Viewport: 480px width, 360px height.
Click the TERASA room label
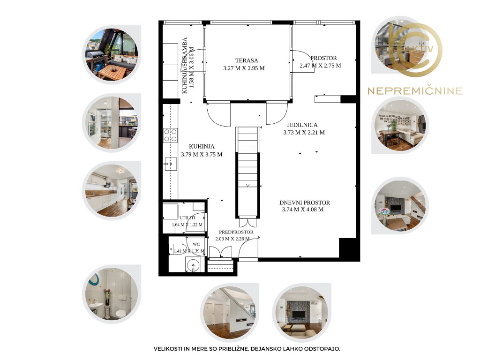pyautogui.click(x=247, y=60)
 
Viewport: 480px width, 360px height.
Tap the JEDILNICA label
pyautogui.click(x=302, y=125)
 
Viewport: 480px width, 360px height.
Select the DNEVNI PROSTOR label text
pyautogui.click(x=305, y=202)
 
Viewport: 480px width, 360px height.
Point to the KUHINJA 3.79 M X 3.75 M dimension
pyautogui.click(x=202, y=155)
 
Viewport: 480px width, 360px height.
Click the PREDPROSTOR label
pyautogui.click(x=236, y=232)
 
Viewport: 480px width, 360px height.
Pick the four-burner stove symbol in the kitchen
pyautogui.click(x=170, y=135)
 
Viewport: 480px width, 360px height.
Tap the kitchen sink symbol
pyautogui.click(x=170, y=165)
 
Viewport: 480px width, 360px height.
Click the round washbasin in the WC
pyautogui.click(x=193, y=264)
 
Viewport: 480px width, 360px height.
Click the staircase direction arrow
pyautogui.click(x=247, y=185)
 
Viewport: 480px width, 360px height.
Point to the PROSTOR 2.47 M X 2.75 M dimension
pyautogui.click(x=320, y=66)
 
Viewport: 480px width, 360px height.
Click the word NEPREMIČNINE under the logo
pyautogui.click(x=415, y=91)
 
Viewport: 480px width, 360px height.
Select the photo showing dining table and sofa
pyautogui.click(x=400, y=125)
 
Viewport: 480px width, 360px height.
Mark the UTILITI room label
pyautogui.click(x=187, y=218)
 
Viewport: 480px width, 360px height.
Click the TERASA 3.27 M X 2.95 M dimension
pyautogui.click(x=244, y=68)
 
